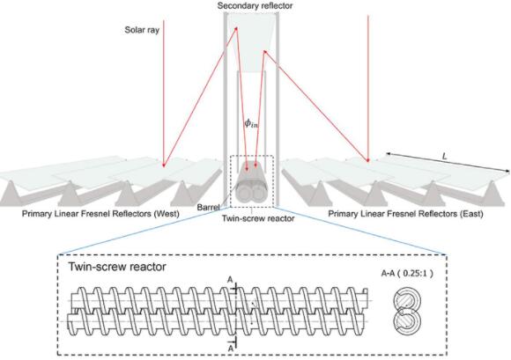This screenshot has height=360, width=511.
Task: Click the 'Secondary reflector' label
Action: tap(255, 6)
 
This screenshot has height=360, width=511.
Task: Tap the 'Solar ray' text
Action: tap(142, 30)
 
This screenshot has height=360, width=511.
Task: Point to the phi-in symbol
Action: tap(252, 123)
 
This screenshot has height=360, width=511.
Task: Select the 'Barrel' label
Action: tap(209, 208)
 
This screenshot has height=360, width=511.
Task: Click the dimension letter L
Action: tap(444, 157)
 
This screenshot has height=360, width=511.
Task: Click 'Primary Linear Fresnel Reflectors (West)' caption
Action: tap(100, 214)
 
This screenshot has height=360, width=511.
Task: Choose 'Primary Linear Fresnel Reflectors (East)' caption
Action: tap(405, 214)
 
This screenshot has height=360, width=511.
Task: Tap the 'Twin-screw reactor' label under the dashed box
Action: tap(258, 218)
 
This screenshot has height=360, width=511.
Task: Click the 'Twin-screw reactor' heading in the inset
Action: tap(117, 267)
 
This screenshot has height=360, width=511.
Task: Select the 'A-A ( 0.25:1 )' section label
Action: tap(407, 273)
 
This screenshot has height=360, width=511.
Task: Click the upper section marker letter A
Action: tap(230, 280)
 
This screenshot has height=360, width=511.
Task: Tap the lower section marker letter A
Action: tap(231, 348)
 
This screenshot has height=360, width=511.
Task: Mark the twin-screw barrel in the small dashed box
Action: tap(250, 187)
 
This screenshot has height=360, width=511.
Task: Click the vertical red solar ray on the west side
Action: tap(164, 94)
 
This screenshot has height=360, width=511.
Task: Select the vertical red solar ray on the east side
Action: tap(368, 88)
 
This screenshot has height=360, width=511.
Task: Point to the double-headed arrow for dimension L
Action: tap(448, 162)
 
